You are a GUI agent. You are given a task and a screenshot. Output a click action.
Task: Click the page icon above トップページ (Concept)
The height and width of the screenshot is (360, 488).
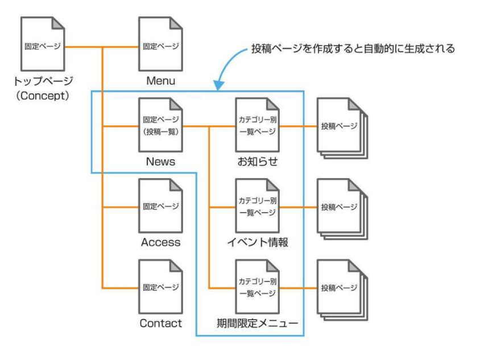43,44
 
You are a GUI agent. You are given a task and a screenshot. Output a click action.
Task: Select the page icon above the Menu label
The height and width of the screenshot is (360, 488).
160,44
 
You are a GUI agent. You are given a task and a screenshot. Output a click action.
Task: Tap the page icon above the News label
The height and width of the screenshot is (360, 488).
160,125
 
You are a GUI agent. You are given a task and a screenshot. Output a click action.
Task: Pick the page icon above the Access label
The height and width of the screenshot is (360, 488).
160,206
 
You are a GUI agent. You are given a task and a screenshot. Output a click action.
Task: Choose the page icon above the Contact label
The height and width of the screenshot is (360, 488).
160,287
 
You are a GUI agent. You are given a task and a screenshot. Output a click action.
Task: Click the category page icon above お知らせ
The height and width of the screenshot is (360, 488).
257,125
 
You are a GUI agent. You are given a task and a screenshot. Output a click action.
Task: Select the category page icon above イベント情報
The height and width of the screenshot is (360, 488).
257,206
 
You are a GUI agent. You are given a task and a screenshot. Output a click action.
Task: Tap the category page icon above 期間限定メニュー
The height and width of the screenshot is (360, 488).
257,287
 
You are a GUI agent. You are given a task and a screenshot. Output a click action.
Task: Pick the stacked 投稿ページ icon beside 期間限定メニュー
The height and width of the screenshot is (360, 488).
340,288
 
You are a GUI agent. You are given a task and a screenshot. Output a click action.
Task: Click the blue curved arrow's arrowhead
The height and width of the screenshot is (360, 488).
218,86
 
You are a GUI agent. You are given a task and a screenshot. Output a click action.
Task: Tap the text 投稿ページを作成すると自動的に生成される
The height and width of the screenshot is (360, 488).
353,49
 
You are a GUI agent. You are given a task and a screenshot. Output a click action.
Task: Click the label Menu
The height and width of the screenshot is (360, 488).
160,81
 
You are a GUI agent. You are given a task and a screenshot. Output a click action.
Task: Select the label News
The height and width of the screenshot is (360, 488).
160,162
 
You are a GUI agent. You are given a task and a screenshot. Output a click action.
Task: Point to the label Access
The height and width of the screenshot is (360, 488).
160,243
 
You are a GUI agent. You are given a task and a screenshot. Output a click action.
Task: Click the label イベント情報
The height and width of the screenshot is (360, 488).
258,243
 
